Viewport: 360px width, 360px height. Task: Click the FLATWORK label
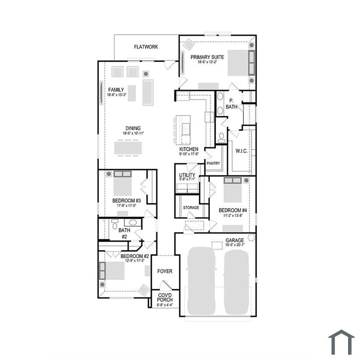tap(146, 47)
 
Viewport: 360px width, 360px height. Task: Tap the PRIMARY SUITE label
tap(207, 57)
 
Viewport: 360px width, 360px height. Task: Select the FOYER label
tap(165, 272)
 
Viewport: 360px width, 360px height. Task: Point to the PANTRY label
tap(213, 163)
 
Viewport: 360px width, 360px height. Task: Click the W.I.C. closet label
tap(242, 151)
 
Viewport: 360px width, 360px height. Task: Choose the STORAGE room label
tap(191, 208)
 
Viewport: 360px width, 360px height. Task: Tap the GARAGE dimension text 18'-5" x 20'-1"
tap(235, 245)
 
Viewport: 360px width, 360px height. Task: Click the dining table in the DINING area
tap(128, 148)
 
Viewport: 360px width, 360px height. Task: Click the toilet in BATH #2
tap(115, 225)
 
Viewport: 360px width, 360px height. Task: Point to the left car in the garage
tap(202, 281)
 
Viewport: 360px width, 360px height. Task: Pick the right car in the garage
tap(237, 282)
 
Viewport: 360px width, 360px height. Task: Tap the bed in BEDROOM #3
tap(122, 183)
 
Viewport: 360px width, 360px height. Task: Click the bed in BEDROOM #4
tap(232, 190)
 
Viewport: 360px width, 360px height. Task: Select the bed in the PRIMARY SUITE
tap(241, 63)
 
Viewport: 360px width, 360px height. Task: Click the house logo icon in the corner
tap(341, 342)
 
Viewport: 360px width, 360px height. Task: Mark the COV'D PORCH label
tap(165, 298)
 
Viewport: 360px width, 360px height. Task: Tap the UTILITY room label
tap(187, 175)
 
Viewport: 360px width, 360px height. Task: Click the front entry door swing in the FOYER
tap(166, 285)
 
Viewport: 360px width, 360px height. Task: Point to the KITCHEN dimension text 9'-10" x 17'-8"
tap(189, 154)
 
